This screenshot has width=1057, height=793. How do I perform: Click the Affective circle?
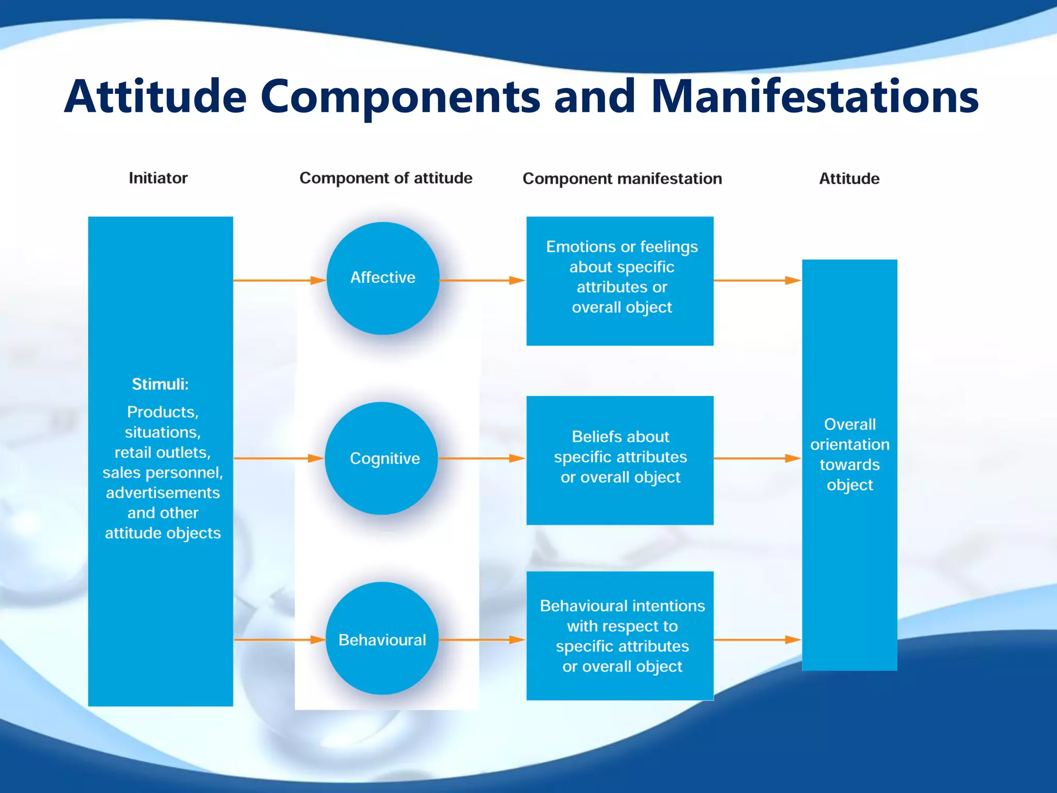tap(382, 278)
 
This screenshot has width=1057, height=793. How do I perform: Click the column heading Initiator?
tap(158, 178)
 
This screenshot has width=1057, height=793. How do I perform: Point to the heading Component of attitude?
tap(386, 178)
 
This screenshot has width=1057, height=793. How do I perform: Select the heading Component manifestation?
tap(622, 179)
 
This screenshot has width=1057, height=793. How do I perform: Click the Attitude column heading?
tap(849, 179)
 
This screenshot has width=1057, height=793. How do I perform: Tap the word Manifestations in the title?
tap(814, 97)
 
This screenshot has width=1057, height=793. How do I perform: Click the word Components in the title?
tap(400, 97)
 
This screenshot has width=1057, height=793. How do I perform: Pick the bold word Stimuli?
tap(160, 384)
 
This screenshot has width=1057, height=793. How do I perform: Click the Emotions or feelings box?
tap(620, 280)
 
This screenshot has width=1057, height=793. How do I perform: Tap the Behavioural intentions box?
tap(620, 636)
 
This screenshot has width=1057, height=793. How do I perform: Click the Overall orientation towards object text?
tap(850, 454)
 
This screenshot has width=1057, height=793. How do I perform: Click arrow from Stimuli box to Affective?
tap(279, 280)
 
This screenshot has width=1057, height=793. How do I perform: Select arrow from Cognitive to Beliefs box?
tap(482, 458)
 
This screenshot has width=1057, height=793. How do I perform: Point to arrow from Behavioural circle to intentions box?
tap(482, 640)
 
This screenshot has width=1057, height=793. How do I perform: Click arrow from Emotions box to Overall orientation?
tap(757, 280)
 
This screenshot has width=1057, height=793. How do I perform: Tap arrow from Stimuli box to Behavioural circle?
tap(279, 640)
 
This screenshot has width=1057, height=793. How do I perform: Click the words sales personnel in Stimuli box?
tap(163, 473)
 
